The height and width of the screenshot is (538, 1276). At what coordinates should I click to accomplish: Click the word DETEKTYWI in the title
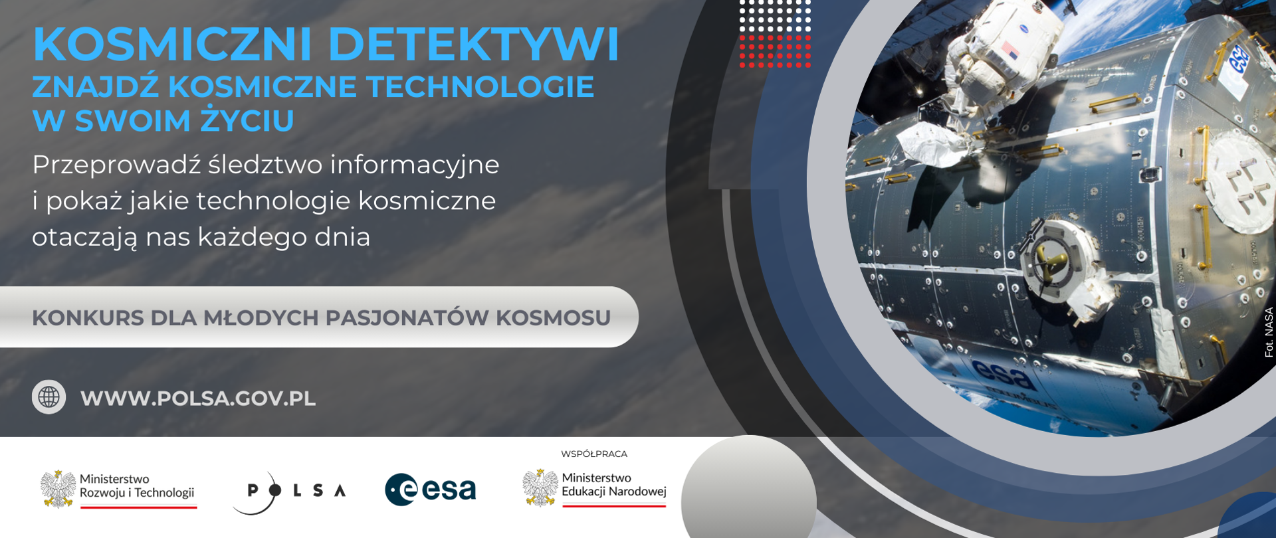pos(474,45)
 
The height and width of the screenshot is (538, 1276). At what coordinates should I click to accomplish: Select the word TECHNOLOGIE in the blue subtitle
pos(480,87)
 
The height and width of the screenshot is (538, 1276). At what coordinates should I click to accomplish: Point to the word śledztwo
pos(265,165)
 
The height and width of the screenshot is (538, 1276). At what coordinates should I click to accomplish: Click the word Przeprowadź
pos(116,165)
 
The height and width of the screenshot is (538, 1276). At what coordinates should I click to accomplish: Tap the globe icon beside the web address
pos(49,397)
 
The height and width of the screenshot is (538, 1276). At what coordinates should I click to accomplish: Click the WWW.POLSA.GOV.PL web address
pos(198,399)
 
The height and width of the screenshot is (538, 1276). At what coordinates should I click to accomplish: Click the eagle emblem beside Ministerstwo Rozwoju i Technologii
pos(58,489)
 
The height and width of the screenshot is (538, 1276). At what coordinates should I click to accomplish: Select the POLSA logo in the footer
pos(289,492)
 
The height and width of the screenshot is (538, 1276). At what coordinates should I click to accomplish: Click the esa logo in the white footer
pos(431,490)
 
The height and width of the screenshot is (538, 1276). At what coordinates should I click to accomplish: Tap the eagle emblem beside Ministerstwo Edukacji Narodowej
pos(540,488)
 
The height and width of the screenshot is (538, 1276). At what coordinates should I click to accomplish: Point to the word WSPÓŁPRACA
pos(594,454)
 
